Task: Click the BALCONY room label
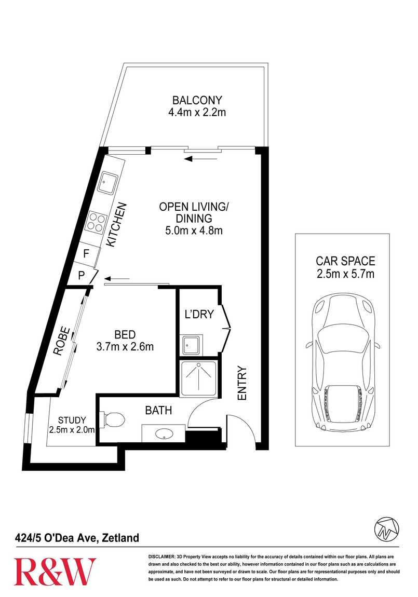click(x=197, y=100)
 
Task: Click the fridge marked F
click(x=87, y=253)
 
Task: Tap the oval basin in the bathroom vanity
click(x=165, y=433)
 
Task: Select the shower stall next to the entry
click(x=198, y=379)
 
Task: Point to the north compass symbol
click(x=387, y=529)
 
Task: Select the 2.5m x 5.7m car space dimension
click(x=345, y=274)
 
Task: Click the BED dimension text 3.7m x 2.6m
click(x=125, y=346)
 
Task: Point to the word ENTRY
click(x=242, y=383)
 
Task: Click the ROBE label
click(x=62, y=341)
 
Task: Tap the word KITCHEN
click(x=116, y=225)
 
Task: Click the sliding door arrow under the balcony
click(x=200, y=159)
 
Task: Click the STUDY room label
click(x=72, y=420)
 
